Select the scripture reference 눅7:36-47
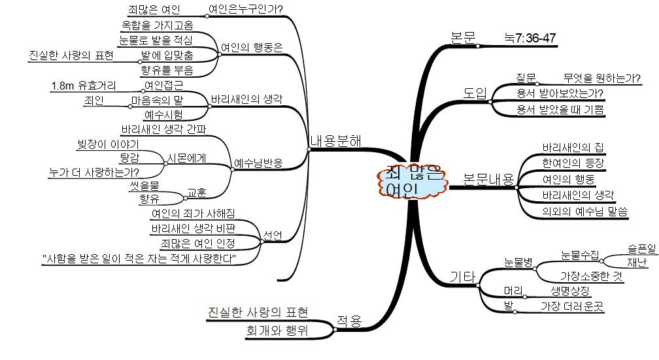pyautogui.click(x=530, y=39)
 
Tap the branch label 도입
pyautogui.click(x=475, y=93)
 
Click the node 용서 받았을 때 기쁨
pyautogui.click(x=560, y=109)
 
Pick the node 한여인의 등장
pyautogui.click(x=573, y=163)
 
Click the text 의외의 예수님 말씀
pyautogui.click(x=584, y=211)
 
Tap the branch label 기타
pyautogui.click(x=462, y=277)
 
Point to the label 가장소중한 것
pyautogui.click(x=592, y=276)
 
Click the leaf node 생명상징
pyautogui.click(x=566, y=291)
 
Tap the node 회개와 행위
pyautogui.click(x=277, y=331)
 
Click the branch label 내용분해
pyautogui.click(x=336, y=140)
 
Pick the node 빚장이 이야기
pyautogui.click(x=108, y=144)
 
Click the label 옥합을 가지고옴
pyautogui.click(x=157, y=25)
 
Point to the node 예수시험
pyautogui.click(x=163, y=115)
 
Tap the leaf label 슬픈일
pyautogui.click(x=641, y=248)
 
